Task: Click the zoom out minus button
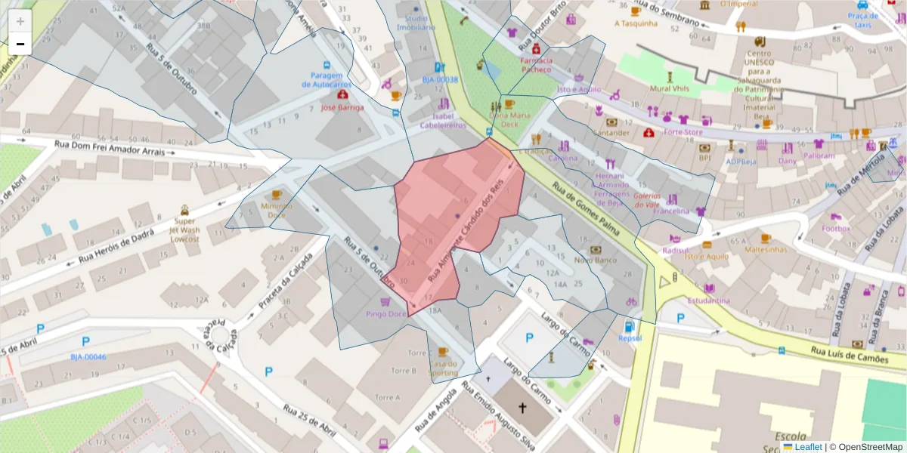click(x=20, y=44)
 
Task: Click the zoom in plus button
click(x=20, y=21)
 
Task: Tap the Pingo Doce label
click(x=385, y=313)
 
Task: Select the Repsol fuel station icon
click(x=627, y=327)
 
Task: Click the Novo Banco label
click(x=595, y=260)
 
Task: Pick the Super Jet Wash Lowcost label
click(x=184, y=230)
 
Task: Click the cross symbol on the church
click(x=522, y=408)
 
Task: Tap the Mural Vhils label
click(x=670, y=88)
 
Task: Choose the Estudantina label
click(x=708, y=300)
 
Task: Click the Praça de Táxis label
click(x=862, y=20)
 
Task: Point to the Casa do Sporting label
click(x=443, y=368)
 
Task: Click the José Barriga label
click(x=342, y=107)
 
